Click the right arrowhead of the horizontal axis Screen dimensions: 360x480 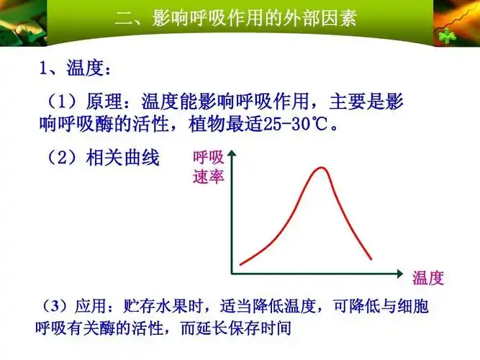[x=400, y=274]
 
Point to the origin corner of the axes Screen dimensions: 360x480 [x=232, y=274]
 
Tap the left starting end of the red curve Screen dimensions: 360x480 [x=240, y=263]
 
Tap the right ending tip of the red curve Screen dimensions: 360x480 [x=371, y=258]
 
